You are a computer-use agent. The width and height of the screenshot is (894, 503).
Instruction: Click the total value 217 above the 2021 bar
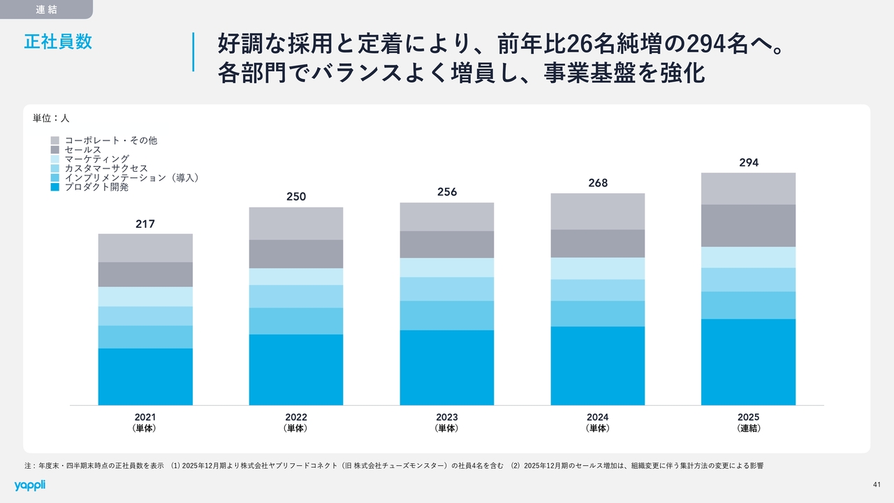145,224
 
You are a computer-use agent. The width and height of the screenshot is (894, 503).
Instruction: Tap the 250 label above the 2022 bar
296,197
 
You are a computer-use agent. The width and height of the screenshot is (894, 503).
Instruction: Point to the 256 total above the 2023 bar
447,192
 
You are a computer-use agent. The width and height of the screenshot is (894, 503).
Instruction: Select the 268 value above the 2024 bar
598,183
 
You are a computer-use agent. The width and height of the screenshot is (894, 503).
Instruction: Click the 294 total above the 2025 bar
749,163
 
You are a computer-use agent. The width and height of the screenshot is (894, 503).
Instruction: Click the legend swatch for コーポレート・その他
55,140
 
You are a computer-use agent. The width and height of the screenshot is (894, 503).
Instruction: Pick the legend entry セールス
82,150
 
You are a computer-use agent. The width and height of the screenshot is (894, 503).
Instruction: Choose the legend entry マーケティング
96,159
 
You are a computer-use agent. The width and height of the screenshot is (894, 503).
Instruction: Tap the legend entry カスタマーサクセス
105,168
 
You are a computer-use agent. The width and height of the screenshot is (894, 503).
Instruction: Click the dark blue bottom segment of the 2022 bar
296,370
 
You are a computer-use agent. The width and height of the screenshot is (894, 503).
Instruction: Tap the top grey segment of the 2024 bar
598,211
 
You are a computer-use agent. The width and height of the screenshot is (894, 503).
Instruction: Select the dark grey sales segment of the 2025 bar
749,226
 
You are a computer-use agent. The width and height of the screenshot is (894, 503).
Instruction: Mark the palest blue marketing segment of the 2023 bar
447,268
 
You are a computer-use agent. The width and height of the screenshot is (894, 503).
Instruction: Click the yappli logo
29,485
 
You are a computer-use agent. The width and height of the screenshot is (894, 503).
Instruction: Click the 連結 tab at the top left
46,9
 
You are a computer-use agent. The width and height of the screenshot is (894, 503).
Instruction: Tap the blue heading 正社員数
58,41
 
